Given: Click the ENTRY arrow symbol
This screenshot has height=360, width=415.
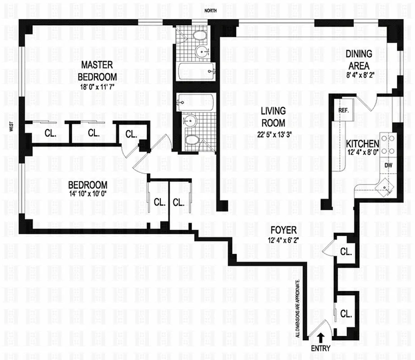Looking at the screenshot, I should tap(320, 337).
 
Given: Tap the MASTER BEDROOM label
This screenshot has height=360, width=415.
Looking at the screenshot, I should tap(98, 71).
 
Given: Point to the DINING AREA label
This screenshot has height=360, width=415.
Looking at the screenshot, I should tap(359, 59).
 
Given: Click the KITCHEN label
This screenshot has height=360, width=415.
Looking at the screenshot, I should tap(362, 144).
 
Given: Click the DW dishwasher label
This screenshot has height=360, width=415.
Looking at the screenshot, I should tap(388, 165).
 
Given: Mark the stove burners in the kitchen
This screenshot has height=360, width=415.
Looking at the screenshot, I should tap(387, 144).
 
